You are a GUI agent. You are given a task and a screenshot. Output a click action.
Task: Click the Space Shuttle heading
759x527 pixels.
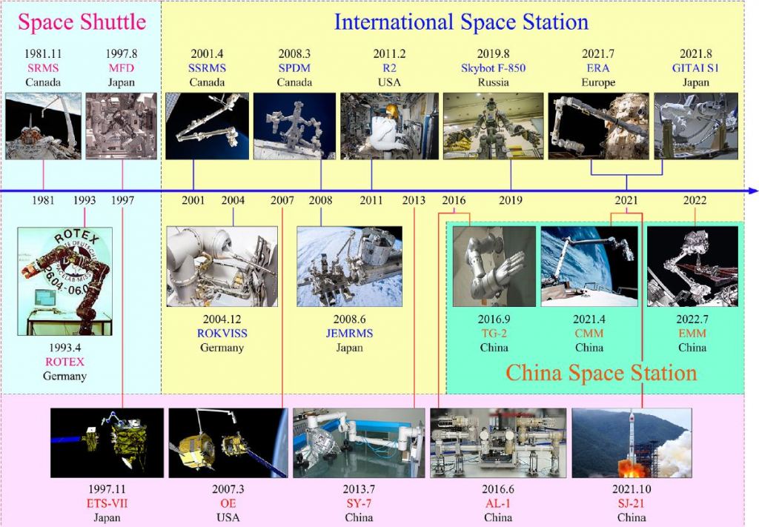point(82,22)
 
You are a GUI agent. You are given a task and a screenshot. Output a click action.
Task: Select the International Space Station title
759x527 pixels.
point(461,22)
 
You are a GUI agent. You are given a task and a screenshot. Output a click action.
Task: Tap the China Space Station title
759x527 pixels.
point(601,373)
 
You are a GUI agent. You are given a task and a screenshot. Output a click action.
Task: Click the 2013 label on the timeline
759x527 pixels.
point(414,200)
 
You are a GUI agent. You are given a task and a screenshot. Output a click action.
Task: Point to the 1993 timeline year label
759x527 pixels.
point(84,200)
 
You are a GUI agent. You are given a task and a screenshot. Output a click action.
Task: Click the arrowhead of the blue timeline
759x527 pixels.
point(753,191)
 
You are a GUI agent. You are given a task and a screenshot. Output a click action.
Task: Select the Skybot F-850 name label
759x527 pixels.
point(493,68)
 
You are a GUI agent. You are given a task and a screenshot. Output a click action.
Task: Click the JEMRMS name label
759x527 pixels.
point(350,334)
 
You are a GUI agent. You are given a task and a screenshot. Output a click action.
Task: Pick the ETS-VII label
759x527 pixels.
point(107,503)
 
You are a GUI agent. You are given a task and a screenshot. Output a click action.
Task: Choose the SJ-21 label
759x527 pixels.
point(632,503)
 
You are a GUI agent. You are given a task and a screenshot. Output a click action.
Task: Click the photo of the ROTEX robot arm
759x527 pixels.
point(65,281)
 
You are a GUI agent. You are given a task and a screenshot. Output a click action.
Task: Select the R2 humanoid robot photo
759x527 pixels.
point(390,126)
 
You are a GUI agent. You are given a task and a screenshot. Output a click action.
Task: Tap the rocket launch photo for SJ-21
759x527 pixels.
point(632,443)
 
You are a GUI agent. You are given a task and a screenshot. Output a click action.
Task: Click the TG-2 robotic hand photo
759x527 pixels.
point(494,266)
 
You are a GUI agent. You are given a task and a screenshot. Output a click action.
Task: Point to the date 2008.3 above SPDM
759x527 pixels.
point(294,53)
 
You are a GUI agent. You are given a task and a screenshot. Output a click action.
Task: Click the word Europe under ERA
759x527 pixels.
point(598,82)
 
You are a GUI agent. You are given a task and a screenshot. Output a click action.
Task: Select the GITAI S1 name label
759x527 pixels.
point(695,68)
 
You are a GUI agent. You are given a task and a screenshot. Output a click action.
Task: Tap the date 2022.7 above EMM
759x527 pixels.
point(692,319)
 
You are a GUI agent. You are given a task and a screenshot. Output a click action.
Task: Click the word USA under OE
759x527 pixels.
point(228,517)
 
